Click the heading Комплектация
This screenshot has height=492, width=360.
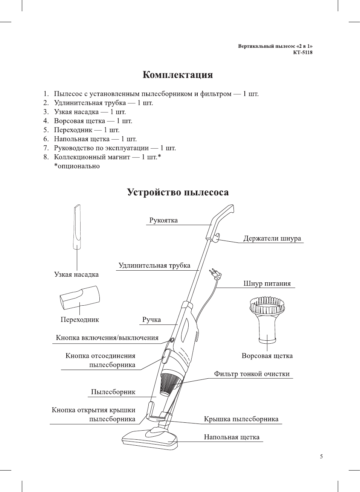tap(177, 75)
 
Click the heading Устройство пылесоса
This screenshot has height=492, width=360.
tap(178, 192)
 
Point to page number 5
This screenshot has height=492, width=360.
tap(321, 457)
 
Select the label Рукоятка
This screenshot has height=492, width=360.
tap(163, 221)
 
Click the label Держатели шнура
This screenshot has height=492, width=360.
tap(272, 238)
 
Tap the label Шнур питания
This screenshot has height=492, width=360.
tap(267, 283)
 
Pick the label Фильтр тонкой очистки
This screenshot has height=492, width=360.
tap(252, 374)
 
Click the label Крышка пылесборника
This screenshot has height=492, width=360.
tap(241, 419)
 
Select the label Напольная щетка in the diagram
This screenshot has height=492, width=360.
tap(232, 437)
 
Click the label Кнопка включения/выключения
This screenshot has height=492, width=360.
tap(107, 338)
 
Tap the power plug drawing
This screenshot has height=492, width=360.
tap(215, 273)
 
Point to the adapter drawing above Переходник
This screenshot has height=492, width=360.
tap(80, 298)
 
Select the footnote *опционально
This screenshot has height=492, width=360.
tap(77, 166)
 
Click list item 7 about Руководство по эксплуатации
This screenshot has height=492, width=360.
tap(114, 148)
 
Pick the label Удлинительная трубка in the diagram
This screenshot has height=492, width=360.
tap(154, 265)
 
